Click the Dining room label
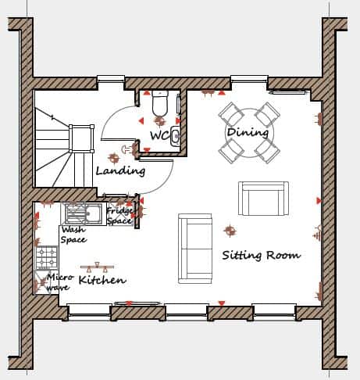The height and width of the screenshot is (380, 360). (x=248, y=132)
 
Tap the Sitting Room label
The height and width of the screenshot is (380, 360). (x=262, y=255)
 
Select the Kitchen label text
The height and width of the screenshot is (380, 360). (x=102, y=280)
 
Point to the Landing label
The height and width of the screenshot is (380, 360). (x=120, y=171)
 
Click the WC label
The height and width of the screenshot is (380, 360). (x=159, y=135)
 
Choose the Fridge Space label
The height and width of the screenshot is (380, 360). (x=119, y=216)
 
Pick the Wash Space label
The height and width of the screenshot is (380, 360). (x=73, y=235)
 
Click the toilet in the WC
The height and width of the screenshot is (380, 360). (x=160, y=103)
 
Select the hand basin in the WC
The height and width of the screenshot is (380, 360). (x=175, y=135)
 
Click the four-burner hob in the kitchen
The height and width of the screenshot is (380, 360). (x=47, y=257)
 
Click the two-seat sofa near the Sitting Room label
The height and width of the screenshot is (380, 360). (x=195, y=249)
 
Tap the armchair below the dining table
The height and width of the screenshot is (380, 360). (x=263, y=199)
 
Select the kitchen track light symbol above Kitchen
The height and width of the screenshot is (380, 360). (x=97, y=267)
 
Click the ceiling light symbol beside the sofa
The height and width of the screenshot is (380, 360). (x=230, y=231)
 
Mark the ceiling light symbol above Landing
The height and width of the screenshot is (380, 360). (x=113, y=158)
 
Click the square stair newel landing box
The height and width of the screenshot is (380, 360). (x=81, y=138)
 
